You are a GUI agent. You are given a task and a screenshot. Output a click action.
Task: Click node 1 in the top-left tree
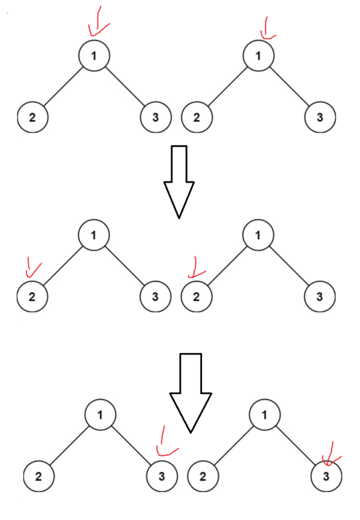[x=94, y=56]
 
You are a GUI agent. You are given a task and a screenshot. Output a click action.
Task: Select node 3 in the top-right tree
[x=320, y=117]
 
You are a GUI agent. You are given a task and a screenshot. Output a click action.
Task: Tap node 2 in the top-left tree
[x=32, y=117]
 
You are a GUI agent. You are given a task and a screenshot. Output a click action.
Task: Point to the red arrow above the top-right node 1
[x=266, y=28]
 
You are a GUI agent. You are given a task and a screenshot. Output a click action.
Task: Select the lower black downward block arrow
[x=190, y=391]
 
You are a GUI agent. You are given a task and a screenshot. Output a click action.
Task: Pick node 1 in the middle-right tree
[x=259, y=235]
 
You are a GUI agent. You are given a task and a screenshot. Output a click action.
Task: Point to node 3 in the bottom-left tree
[x=162, y=476]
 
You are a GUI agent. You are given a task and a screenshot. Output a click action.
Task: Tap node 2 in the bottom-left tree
[x=39, y=476]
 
